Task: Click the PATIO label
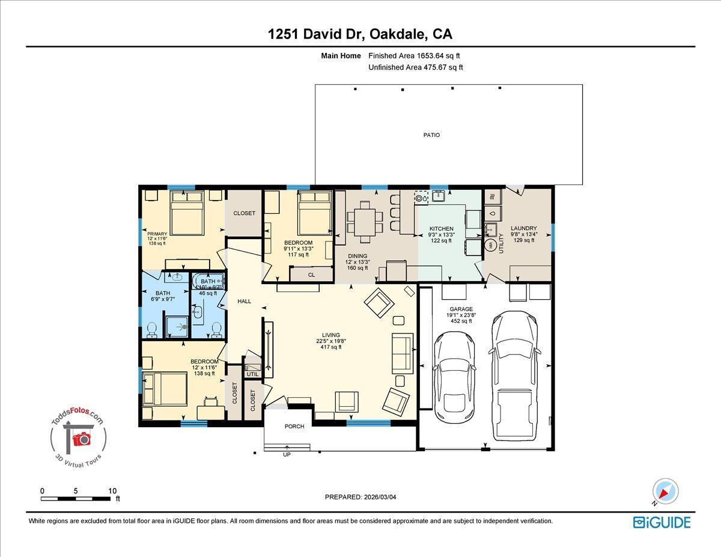431,135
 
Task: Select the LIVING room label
330,335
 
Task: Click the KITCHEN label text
441,229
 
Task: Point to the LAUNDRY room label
523,228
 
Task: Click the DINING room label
357,256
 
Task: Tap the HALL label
244,301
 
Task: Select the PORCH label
294,427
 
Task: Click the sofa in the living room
402,352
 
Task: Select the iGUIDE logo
662,522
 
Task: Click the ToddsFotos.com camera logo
79,438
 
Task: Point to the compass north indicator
665,491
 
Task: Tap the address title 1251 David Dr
360,34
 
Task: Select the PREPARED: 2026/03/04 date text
360,497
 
